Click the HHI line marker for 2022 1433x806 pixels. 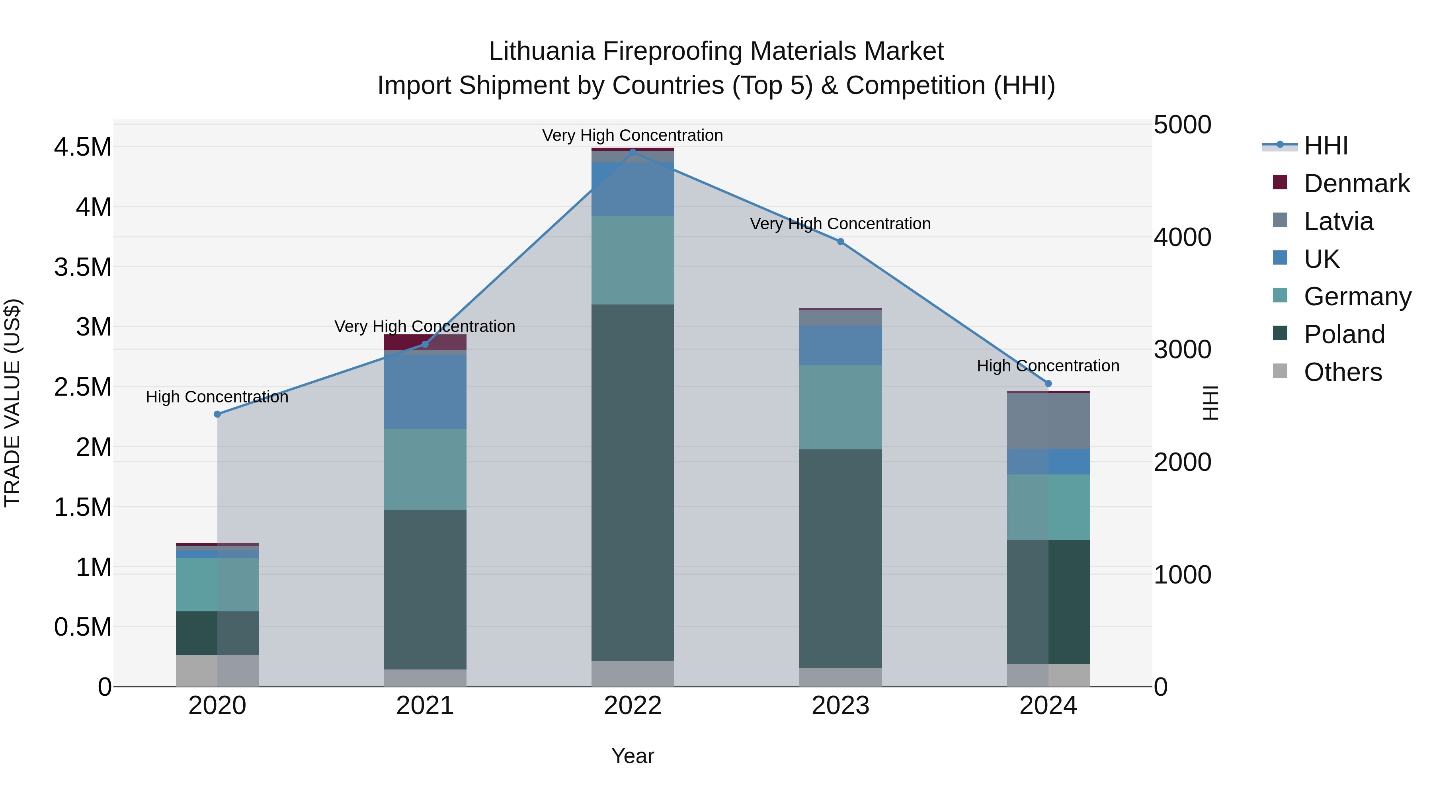pyautogui.click(x=633, y=152)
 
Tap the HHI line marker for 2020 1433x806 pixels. pyautogui.click(x=217, y=414)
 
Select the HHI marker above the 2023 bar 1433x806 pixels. pyautogui.click(x=841, y=242)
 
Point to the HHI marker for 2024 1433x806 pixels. pyautogui.click(x=1048, y=383)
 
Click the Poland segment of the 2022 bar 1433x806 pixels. pyautogui.click(x=633, y=482)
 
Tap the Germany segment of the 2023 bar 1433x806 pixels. pyautogui.click(x=841, y=407)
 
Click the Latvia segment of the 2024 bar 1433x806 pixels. pyautogui.click(x=1048, y=421)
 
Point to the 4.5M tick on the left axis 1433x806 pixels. pyautogui.click(x=83, y=147)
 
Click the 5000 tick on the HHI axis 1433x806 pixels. pyautogui.click(x=1182, y=125)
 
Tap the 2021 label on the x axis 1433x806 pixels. pyautogui.click(x=425, y=706)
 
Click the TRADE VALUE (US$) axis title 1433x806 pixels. pyautogui.click(x=12, y=403)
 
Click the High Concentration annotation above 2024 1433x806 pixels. pyautogui.click(x=1048, y=366)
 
